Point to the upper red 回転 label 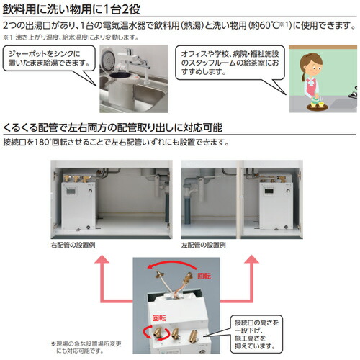click(x=205, y=275)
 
